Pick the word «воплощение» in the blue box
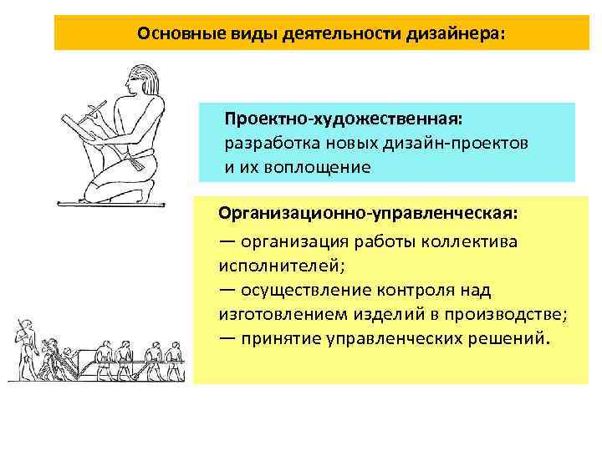pyautogui.click(x=317, y=166)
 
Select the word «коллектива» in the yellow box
pyautogui.click(x=472, y=242)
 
